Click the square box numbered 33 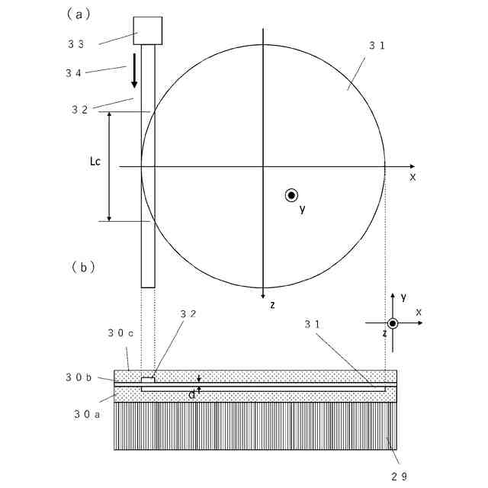pos(148,30)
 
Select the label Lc pos(95,162)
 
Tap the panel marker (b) pos(82,268)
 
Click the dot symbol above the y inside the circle pos(291,195)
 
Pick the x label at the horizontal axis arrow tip pos(413,176)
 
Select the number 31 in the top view pos(377,46)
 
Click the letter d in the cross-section pos(192,394)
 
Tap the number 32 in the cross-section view pos(188,313)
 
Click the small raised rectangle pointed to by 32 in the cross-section pos(148,378)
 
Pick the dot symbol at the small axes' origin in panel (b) pos(393,323)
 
